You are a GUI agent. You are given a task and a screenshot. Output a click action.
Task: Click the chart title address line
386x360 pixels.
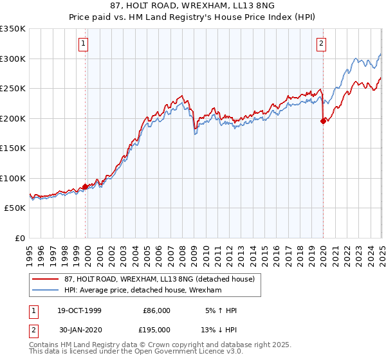click(x=192, y=5)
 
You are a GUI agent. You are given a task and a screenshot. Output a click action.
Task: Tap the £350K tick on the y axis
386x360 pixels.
click(x=13, y=29)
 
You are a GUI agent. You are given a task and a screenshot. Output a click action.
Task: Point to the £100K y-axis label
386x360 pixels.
click(x=13, y=178)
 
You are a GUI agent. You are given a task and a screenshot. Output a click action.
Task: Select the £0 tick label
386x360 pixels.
click(x=19, y=238)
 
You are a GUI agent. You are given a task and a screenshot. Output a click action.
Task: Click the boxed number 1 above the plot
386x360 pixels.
click(x=84, y=44)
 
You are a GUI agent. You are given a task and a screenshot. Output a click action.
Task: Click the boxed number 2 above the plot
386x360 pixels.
click(x=321, y=44)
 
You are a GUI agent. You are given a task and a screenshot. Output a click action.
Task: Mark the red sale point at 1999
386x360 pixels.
click(x=85, y=186)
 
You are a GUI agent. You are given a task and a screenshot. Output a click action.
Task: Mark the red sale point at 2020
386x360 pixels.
click(x=323, y=122)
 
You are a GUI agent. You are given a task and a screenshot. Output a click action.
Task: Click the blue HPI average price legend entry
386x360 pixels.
click(x=143, y=291)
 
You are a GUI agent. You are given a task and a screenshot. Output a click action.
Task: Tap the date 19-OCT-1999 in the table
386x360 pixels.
click(x=79, y=310)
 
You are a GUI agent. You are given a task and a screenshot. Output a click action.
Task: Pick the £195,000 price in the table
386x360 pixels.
click(x=156, y=329)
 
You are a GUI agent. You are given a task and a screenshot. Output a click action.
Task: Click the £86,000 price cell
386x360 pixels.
click(x=156, y=310)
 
